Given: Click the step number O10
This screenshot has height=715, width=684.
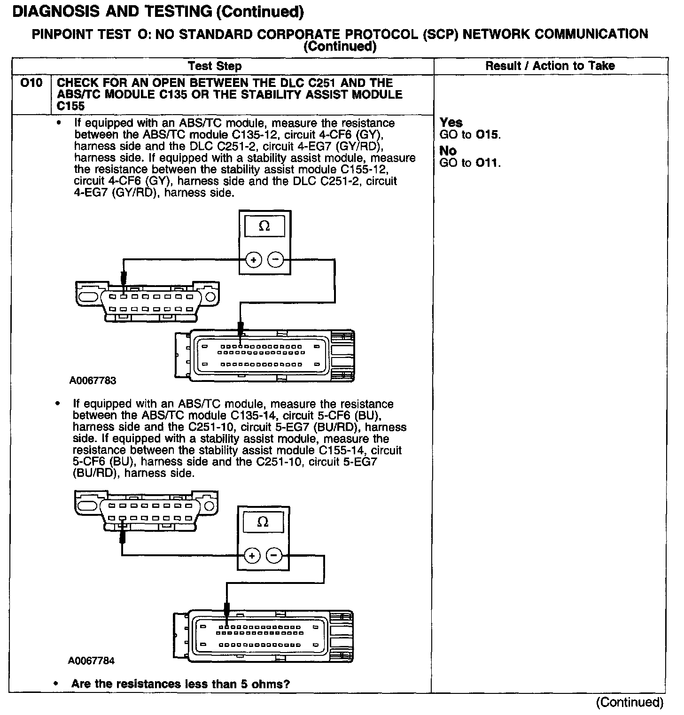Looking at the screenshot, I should click(x=31, y=84).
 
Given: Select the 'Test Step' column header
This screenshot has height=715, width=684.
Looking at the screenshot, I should click(x=215, y=66).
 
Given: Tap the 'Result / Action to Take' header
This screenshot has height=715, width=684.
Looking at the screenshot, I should click(x=550, y=66).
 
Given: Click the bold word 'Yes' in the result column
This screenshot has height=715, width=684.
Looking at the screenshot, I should click(x=451, y=123).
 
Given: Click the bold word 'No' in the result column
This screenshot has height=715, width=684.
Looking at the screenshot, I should click(x=448, y=151).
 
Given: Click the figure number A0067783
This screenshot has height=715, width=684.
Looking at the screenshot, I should click(x=93, y=381).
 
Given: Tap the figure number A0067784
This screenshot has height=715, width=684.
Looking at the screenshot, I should click(x=91, y=661).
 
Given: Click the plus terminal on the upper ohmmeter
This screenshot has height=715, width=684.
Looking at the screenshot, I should click(x=254, y=259).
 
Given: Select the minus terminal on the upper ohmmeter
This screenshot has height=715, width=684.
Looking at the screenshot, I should click(x=276, y=259).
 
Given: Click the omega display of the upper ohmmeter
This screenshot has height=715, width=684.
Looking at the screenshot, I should click(x=264, y=226).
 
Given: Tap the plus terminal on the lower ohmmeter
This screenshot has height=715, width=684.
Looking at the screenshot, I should click(x=252, y=556).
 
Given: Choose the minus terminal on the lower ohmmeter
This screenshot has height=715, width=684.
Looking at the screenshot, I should click(x=274, y=556).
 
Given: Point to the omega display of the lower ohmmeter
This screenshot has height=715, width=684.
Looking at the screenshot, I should click(x=263, y=522).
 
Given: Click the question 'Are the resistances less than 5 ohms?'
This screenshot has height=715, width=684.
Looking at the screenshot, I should click(x=180, y=684).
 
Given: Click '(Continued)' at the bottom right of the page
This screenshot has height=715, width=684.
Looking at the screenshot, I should click(x=630, y=702).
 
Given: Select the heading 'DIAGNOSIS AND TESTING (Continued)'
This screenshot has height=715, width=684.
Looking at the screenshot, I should click(x=157, y=12).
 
